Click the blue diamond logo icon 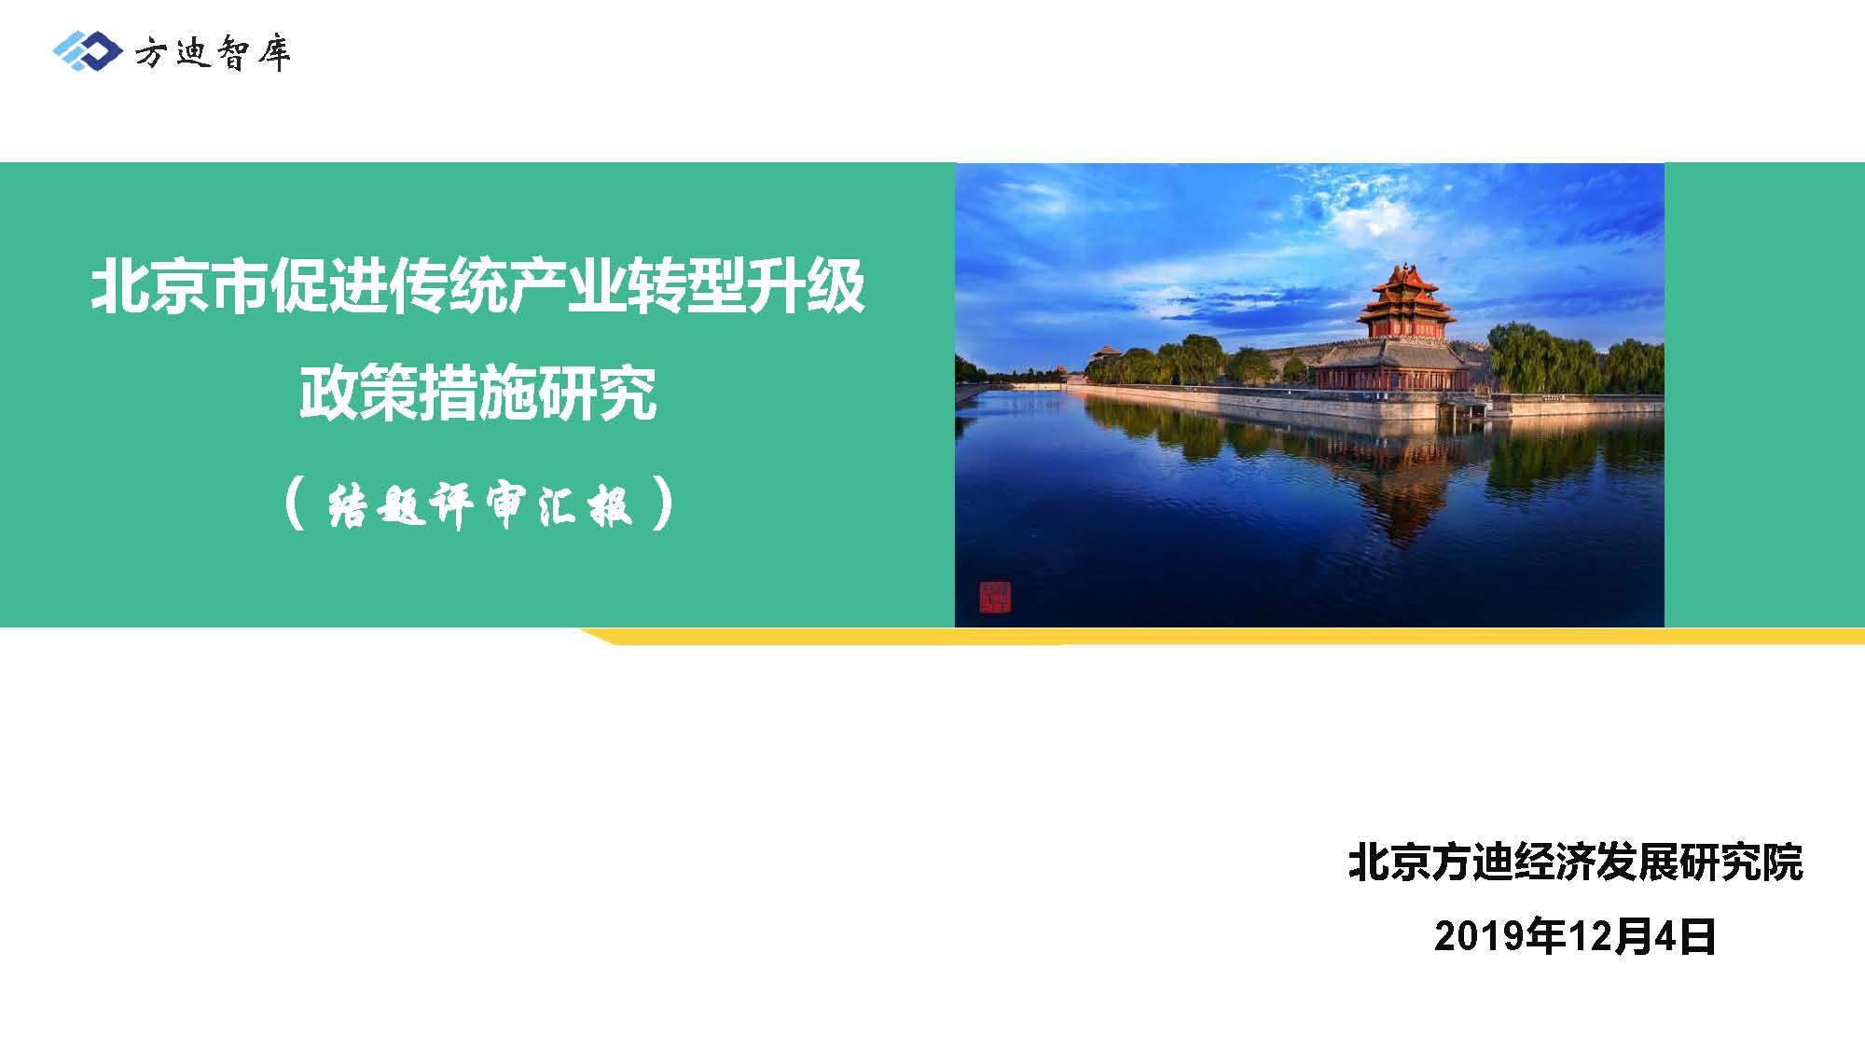[87, 50]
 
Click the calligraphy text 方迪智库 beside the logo [213, 52]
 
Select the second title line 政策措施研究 [477, 393]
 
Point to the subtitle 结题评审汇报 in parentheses [479, 504]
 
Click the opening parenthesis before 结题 [295, 504]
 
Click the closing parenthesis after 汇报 [663, 504]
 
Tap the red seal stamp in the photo [995, 597]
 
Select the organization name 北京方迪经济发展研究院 [1575, 863]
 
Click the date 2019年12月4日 [1575, 936]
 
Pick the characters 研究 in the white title [598, 393]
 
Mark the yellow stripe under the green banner [1222, 636]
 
